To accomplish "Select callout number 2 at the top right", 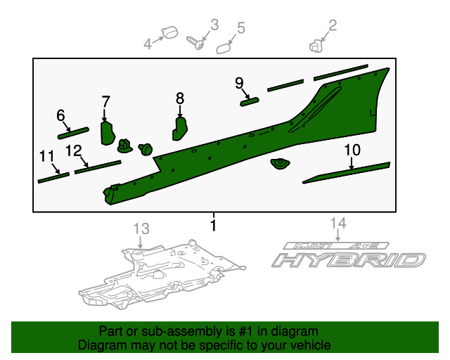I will point(333,26).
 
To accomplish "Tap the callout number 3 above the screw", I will point(214,25).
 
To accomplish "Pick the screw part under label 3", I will point(196,43).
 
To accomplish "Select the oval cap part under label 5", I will point(224,47).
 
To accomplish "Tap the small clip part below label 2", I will point(315,46).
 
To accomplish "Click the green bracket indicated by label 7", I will point(107,131).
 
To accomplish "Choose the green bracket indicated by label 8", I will point(180,128).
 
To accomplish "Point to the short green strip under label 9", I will point(250,101).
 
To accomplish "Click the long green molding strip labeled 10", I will point(346,173).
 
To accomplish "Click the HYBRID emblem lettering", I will point(349,260).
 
